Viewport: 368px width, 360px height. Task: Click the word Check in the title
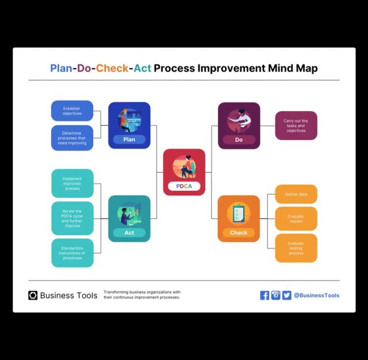[x=112, y=68]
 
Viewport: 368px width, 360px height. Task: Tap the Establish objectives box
[x=72, y=111]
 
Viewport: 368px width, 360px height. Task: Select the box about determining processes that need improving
[x=72, y=138]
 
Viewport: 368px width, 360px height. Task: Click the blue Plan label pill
[x=129, y=139]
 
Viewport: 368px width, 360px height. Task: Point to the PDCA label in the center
[x=184, y=186]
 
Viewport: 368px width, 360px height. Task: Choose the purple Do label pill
[x=239, y=140]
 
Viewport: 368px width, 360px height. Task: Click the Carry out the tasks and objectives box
[x=296, y=125]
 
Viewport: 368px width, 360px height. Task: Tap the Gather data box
[x=296, y=194]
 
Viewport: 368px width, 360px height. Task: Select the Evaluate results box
[x=296, y=219]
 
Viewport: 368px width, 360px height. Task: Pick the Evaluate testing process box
[x=296, y=248]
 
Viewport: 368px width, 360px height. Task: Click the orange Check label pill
[x=239, y=232]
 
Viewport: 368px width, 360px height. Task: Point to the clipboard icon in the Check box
[x=238, y=213]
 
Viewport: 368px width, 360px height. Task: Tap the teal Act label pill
[x=129, y=232]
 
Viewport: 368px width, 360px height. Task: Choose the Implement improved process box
[x=72, y=183]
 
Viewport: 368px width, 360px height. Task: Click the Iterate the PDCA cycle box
[x=72, y=219]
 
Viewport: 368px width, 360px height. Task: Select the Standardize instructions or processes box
[x=72, y=253]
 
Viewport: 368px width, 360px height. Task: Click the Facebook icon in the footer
[x=264, y=296]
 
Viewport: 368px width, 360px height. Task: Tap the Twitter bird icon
[x=286, y=296]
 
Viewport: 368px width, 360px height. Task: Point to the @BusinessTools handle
[x=317, y=296]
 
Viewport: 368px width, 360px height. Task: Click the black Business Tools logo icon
[x=33, y=296]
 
